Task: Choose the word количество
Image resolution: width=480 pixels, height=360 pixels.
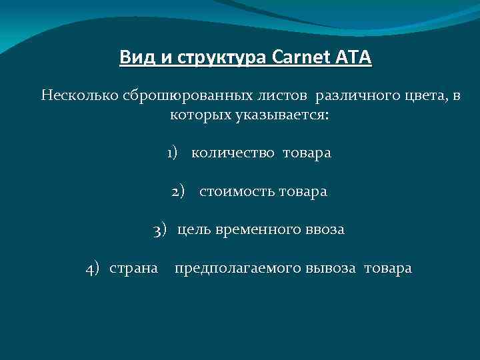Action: point(233,153)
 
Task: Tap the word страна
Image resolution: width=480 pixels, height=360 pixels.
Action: point(133,269)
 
